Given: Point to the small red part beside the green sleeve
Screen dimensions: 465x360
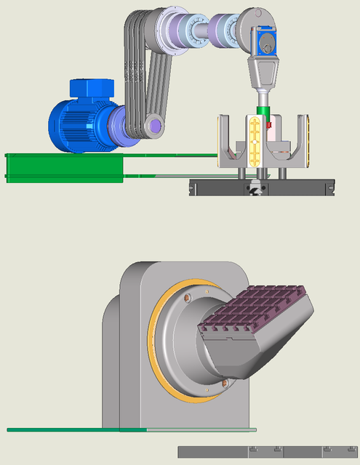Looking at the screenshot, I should click(269, 125).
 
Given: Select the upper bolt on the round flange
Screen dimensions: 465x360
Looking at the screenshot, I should click(190, 297).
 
